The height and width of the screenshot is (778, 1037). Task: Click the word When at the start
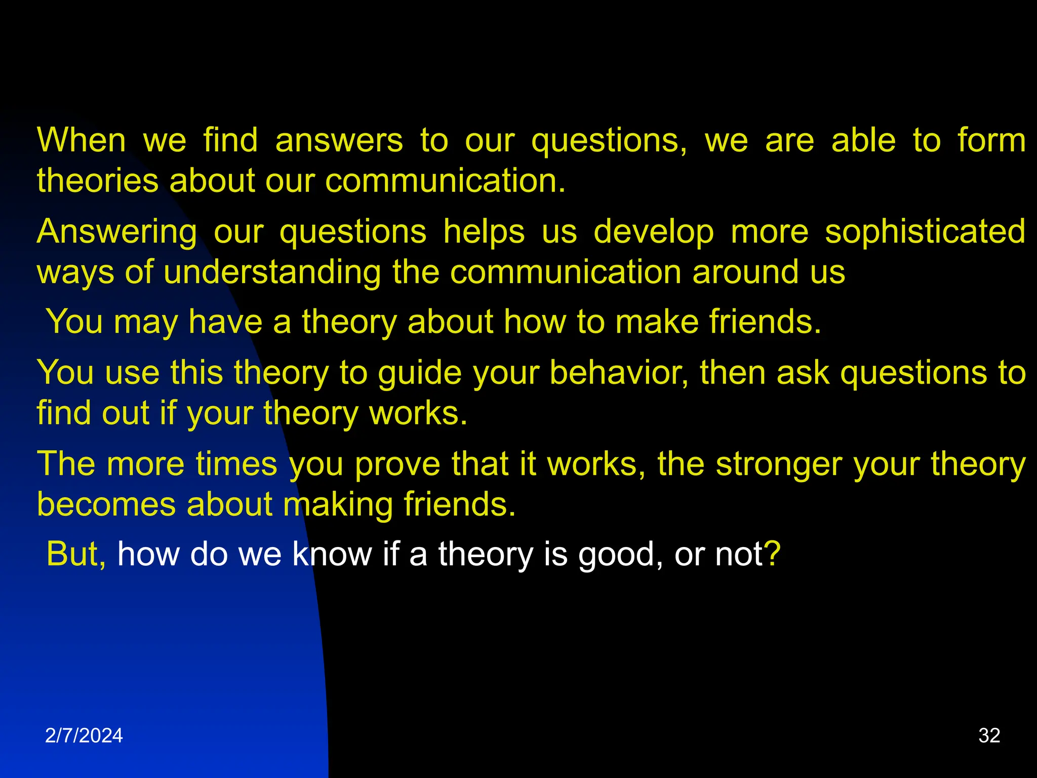[81, 140]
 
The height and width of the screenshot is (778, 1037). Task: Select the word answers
[339, 140]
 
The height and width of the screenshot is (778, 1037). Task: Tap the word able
[864, 140]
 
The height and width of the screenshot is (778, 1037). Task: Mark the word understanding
[272, 273]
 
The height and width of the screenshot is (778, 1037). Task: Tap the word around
[743, 272]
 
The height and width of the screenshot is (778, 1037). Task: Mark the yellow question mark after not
[773, 554]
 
